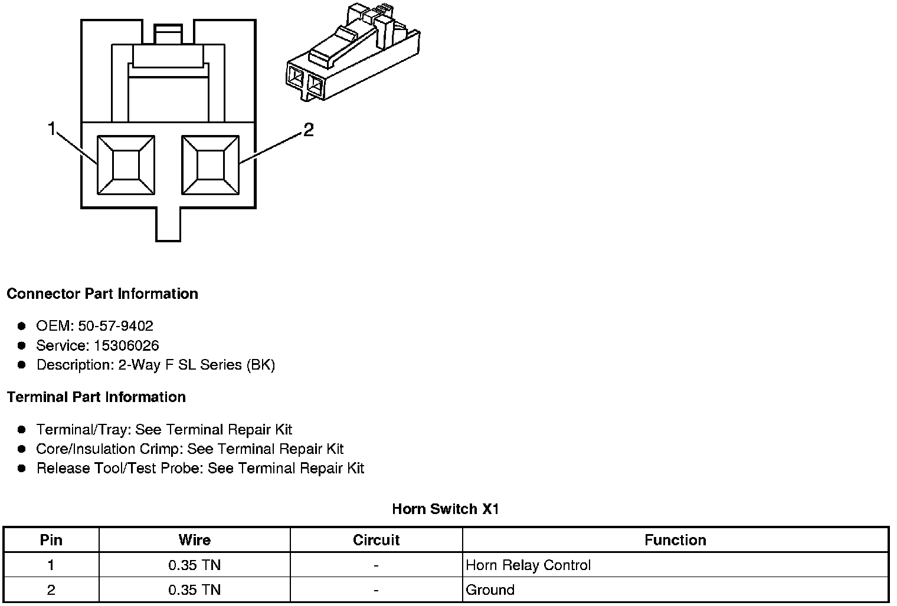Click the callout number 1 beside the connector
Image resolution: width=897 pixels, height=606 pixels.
52,129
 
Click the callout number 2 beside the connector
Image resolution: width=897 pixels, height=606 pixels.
308,130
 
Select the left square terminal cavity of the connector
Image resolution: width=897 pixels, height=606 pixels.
126,165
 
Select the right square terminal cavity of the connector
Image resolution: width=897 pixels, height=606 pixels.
211,165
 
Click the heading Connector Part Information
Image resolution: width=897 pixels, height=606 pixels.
102,294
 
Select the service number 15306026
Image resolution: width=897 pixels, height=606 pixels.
126,345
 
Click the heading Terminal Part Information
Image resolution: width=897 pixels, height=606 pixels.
96,397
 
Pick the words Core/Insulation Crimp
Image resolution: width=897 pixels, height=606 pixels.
108,449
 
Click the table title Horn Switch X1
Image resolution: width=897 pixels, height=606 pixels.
446,509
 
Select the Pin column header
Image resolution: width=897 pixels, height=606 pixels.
51,540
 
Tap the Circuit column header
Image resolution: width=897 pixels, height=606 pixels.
376,540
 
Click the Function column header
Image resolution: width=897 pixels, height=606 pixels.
675,540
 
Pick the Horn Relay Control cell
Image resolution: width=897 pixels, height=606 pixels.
528,565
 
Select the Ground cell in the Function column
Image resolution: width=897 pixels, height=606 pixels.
490,590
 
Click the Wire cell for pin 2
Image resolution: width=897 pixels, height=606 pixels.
194,590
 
